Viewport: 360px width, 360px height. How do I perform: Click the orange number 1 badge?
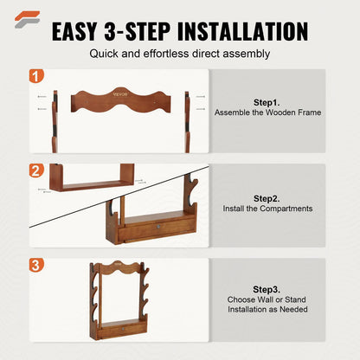click(37, 76)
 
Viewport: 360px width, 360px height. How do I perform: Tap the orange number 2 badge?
click(37, 170)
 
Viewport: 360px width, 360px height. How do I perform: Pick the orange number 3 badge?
click(37, 265)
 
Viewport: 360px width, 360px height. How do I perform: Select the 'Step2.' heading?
click(267, 197)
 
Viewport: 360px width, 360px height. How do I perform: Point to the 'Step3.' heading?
click(267, 289)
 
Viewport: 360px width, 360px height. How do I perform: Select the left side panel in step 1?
click(55, 121)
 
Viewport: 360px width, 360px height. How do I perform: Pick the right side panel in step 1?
click(187, 121)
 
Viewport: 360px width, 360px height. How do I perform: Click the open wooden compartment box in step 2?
click(91, 179)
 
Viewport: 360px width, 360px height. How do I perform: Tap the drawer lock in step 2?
click(158, 228)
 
